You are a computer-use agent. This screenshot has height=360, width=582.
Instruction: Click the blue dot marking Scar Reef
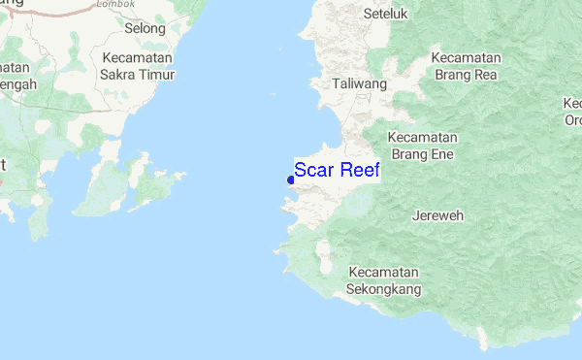[291, 179]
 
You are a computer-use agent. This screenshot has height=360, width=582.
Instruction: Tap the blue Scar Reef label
[337, 171]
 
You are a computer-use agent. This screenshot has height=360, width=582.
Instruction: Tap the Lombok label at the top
[115, 4]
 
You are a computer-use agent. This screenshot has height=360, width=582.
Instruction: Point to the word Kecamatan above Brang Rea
[467, 57]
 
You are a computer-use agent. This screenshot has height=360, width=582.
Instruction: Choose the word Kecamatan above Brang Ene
[423, 137]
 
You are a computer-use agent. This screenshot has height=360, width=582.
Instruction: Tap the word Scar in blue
[313, 171]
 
